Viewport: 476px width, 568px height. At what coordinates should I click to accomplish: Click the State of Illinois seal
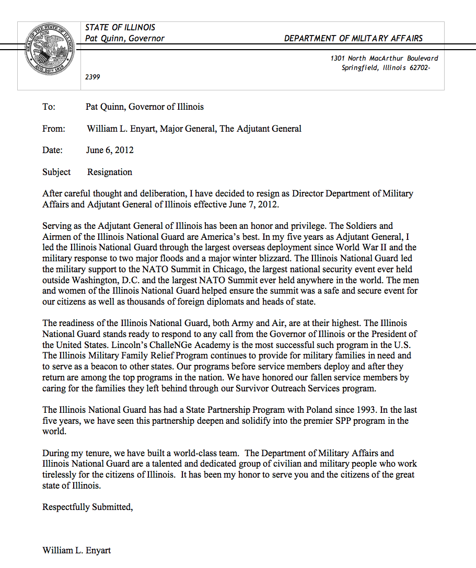pyautogui.click(x=50, y=54)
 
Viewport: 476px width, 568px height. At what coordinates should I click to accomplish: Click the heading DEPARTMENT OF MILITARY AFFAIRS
pyautogui.click(x=353, y=38)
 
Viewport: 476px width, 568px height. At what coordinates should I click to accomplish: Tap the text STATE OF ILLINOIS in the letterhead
pyautogui.click(x=120, y=27)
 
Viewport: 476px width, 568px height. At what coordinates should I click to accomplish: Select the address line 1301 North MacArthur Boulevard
pyautogui.click(x=384, y=59)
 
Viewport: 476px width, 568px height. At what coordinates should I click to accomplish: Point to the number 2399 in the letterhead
pyautogui.click(x=92, y=77)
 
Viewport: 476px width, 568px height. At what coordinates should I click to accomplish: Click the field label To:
pyautogui.click(x=49, y=107)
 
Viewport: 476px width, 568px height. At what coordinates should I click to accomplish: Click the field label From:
pyautogui.click(x=54, y=129)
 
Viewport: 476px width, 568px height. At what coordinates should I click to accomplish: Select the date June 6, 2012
pyautogui.click(x=110, y=150)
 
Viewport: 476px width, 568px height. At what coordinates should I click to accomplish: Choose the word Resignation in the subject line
pyautogui.click(x=110, y=172)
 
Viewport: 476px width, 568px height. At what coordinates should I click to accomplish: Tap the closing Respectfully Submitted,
pyautogui.click(x=88, y=507)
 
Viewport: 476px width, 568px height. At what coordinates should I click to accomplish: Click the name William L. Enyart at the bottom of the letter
pyautogui.click(x=77, y=550)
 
